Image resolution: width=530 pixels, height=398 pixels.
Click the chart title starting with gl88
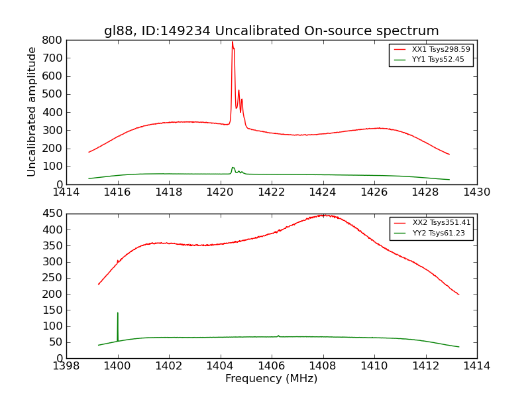point(271,31)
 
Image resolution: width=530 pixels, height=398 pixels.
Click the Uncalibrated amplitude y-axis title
point(32,111)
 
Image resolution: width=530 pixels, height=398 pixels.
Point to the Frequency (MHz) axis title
point(271,379)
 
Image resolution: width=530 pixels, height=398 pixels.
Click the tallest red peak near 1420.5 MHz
point(232,42)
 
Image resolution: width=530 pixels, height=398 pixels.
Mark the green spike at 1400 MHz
point(118,313)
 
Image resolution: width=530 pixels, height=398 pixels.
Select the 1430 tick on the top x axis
point(476,192)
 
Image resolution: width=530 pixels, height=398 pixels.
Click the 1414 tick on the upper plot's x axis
point(66,192)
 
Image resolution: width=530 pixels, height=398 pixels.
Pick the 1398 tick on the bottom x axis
point(66,366)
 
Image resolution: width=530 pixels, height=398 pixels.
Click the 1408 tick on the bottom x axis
point(323,366)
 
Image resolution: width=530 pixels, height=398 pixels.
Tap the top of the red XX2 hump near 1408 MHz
point(323,215)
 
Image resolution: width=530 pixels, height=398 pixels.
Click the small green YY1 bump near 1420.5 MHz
point(233,168)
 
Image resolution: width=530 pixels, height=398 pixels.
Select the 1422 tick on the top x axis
point(271,192)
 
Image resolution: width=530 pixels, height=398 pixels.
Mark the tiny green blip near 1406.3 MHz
point(278,336)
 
